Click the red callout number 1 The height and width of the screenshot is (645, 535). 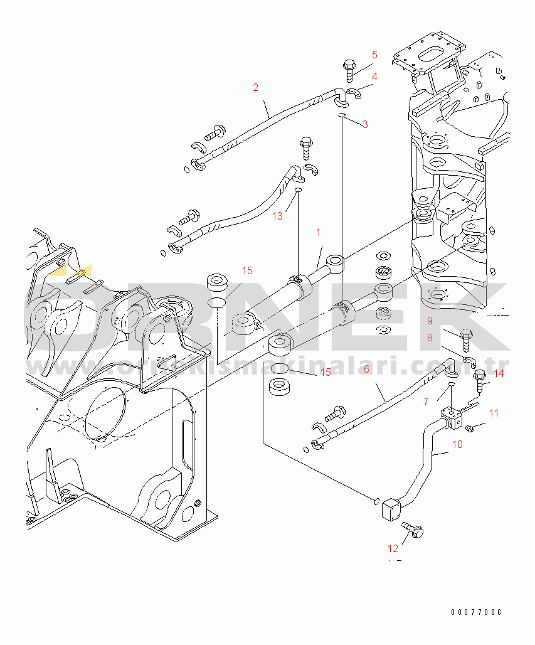pyautogui.click(x=318, y=232)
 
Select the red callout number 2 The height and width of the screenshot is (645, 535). pyautogui.click(x=255, y=87)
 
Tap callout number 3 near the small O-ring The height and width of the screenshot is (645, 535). pyautogui.click(x=364, y=124)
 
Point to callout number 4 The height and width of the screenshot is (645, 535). pyautogui.click(x=374, y=77)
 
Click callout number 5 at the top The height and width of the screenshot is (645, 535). pyautogui.click(x=374, y=55)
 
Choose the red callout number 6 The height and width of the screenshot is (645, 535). pyautogui.click(x=366, y=369)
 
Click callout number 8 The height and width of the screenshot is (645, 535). pyautogui.click(x=430, y=337)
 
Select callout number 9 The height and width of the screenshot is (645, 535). pyautogui.click(x=430, y=321)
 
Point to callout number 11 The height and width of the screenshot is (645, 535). pyautogui.click(x=494, y=413)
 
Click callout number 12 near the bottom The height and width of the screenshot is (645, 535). pyautogui.click(x=393, y=548)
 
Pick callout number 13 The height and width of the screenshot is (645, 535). pyautogui.click(x=277, y=216)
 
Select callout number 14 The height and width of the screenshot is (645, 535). pyautogui.click(x=498, y=374)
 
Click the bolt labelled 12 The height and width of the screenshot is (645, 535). pyautogui.click(x=411, y=530)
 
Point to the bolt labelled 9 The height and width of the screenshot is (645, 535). pyautogui.click(x=465, y=338)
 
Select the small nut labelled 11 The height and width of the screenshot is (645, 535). pyautogui.click(x=470, y=428)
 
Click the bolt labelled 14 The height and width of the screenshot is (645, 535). pyautogui.click(x=480, y=380)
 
